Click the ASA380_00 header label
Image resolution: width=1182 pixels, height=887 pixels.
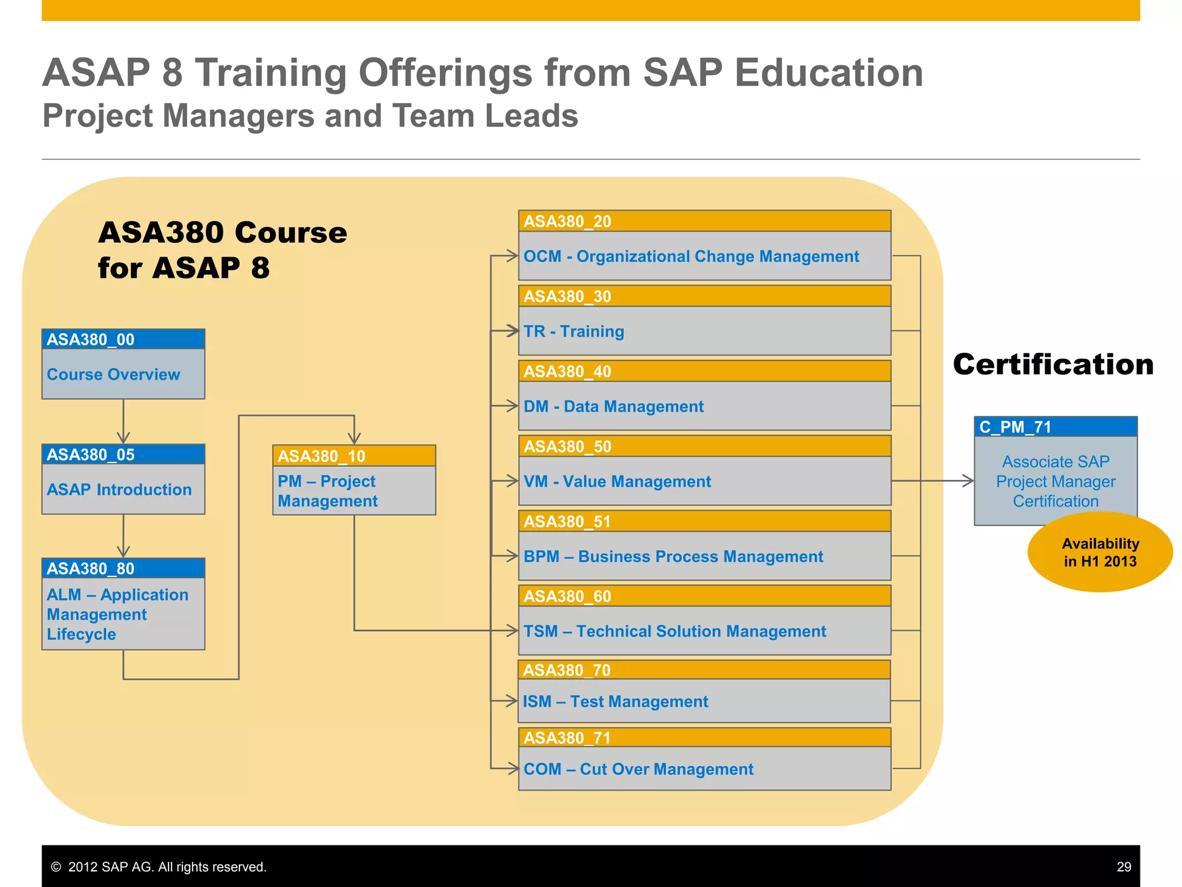coord(91,340)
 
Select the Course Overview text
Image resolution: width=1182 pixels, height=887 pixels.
coord(113,374)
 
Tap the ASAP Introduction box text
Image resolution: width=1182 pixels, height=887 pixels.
coord(119,490)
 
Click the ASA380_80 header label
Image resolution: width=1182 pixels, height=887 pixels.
coord(91,569)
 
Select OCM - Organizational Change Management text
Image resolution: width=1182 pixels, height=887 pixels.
coord(691,256)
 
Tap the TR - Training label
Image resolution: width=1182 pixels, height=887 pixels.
coord(574,331)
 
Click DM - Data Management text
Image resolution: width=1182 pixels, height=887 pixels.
coord(613,407)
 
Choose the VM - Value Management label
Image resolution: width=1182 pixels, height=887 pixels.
coord(617,482)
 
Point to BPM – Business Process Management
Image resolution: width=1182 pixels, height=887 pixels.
coord(673,557)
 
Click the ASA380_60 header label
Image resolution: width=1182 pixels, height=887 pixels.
coord(567,597)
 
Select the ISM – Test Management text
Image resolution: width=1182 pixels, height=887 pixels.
coord(615,702)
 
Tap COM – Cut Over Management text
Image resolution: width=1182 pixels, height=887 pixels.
coord(638,769)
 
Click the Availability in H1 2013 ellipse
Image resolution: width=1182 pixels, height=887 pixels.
coord(1100,553)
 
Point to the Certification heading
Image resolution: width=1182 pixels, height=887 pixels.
coord(1053,365)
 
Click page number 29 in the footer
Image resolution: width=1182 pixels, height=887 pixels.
coord(1124,867)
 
